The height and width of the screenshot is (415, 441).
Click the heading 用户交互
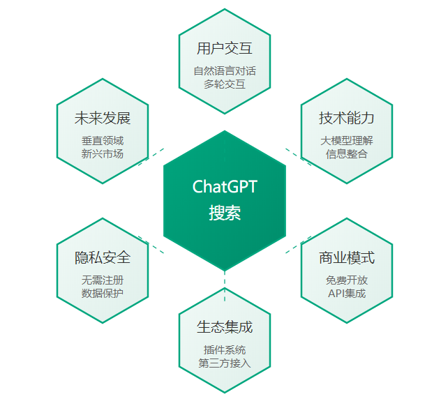click(225, 48)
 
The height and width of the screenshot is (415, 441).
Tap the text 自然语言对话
click(225, 71)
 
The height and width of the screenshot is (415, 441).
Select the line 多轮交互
click(225, 84)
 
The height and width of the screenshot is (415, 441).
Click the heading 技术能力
click(347, 118)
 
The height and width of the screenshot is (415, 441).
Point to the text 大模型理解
click(347, 141)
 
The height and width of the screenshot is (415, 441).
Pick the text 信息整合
click(347, 154)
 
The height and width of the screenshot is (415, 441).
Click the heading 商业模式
click(347, 257)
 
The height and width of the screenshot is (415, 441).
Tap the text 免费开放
click(347, 280)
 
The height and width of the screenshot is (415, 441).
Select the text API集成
click(347, 293)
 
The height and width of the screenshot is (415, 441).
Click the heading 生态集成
click(225, 327)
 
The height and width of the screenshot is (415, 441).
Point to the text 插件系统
click(225, 349)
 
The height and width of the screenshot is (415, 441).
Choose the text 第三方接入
click(225, 363)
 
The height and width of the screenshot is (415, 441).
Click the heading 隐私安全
click(103, 257)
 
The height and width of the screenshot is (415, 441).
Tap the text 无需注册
click(103, 280)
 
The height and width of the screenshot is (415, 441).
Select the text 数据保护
click(103, 293)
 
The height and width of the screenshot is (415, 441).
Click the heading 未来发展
click(103, 118)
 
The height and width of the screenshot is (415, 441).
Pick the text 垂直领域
click(103, 141)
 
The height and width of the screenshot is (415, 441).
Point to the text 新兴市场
click(103, 154)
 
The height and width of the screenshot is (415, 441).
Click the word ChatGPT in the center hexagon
click(225, 186)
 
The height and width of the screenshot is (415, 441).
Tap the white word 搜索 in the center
click(225, 213)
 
